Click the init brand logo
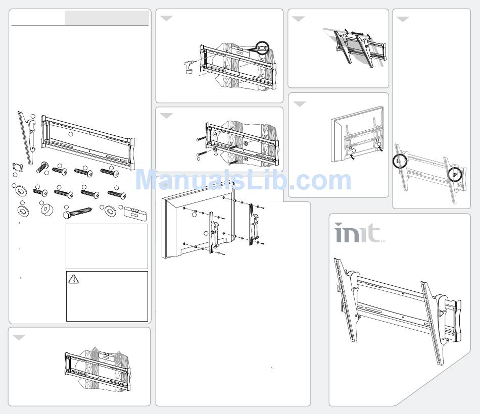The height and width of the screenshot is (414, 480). click(x=358, y=234)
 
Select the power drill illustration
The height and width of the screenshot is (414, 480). click(x=188, y=66)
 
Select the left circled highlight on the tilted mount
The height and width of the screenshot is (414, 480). click(x=399, y=162)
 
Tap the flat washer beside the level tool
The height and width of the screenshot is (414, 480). click(x=110, y=211)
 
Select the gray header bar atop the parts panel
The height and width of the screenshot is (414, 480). click(x=107, y=18)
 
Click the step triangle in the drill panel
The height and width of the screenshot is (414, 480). click(x=167, y=19)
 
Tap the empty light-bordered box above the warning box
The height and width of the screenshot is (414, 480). click(x=107, y=246)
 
